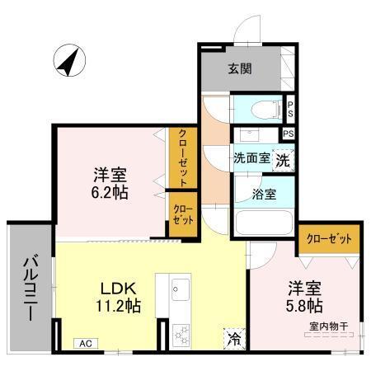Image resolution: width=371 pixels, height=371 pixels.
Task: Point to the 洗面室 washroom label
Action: (251, 157)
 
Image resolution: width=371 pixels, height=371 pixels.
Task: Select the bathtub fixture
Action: (263, 222)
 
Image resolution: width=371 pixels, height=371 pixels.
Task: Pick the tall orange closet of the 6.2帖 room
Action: (181, 157)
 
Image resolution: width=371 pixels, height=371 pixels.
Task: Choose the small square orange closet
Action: (182, 215)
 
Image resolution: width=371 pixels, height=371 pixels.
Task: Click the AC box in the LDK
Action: (84, 343)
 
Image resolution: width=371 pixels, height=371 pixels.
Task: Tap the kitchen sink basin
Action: (181, 289)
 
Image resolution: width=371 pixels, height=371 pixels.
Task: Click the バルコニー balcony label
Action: (28, 289)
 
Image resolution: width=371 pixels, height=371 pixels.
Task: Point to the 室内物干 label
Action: (328, 326)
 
